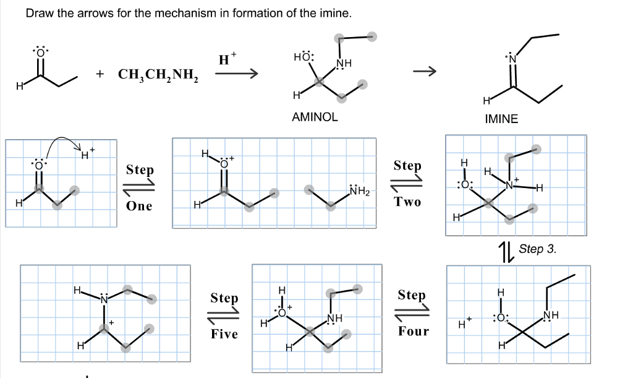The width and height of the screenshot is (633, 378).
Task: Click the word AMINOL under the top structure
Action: (x=315, y=117)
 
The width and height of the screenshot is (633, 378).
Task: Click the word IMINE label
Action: (x=501, y=119)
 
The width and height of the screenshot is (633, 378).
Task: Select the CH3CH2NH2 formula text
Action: (x=158, y=75)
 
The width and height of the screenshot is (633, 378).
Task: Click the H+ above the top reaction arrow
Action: (x=227, y=61)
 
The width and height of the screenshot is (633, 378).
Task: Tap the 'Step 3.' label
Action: (x=537, y=249)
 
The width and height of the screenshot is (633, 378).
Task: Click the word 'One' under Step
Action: (x=139, y=206)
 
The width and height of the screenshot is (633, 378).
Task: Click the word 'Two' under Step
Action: (x=407, y=202)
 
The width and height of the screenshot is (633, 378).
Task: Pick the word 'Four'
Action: (x=413, y=332)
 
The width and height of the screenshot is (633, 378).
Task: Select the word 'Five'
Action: (x=224, y=334)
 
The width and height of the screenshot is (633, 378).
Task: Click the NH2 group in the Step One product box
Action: (x=359, y=191)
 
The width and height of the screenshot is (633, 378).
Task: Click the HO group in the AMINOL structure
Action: (x=304, y=58)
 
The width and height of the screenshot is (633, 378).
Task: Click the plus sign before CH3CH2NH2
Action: (x=100, y=75)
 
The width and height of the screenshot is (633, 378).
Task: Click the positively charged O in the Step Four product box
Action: (x=282, y=312)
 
